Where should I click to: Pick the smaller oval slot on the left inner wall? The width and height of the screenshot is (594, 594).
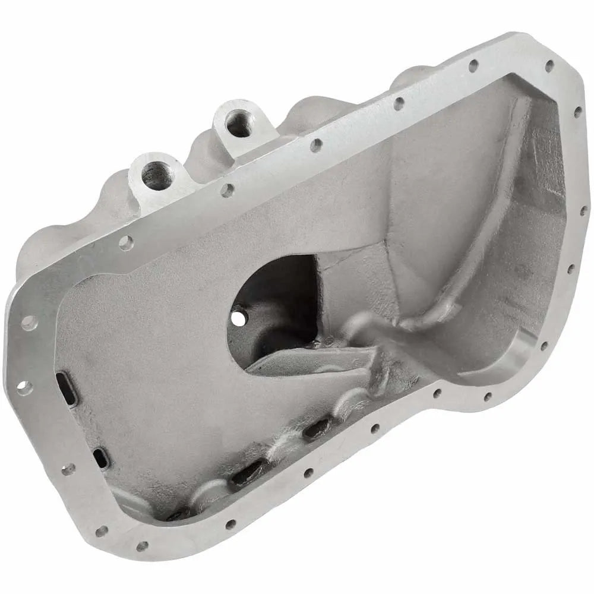tap(101, 457)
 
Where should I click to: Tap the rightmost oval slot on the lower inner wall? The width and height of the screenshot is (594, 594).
tap(317, 428)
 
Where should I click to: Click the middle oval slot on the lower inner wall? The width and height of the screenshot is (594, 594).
tap(247, 472)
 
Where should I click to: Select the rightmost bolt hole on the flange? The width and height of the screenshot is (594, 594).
tap(583, 210)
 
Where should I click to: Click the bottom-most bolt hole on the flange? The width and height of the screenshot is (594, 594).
tap(143, 546)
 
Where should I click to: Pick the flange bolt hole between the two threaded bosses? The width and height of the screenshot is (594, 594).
tap(226, 190)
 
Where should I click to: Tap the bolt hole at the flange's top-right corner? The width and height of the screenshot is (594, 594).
tap(549, 65)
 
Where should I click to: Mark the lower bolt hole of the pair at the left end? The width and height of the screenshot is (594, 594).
tap(24, 388)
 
